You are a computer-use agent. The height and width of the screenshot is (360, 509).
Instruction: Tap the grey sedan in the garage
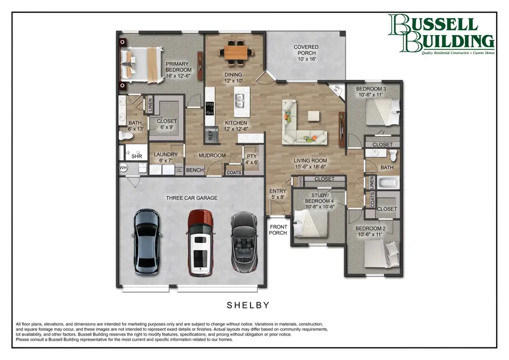coord(148,242)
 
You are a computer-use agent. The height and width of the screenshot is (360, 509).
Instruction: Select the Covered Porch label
coord(305,53)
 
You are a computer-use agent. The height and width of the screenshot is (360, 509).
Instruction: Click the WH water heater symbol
coord(123,168)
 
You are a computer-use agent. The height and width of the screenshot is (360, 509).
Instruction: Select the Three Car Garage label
coord(192,198)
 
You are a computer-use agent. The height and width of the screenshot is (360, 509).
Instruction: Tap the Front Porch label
coord(278,230)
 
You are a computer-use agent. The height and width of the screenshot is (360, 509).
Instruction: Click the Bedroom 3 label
coord(371,92)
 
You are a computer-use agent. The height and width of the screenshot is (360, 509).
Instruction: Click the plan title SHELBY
coord(248,305)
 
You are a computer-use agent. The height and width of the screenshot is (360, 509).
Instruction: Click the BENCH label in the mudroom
coord(195,170)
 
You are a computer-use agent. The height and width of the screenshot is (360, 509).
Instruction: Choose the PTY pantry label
coord(251,158)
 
